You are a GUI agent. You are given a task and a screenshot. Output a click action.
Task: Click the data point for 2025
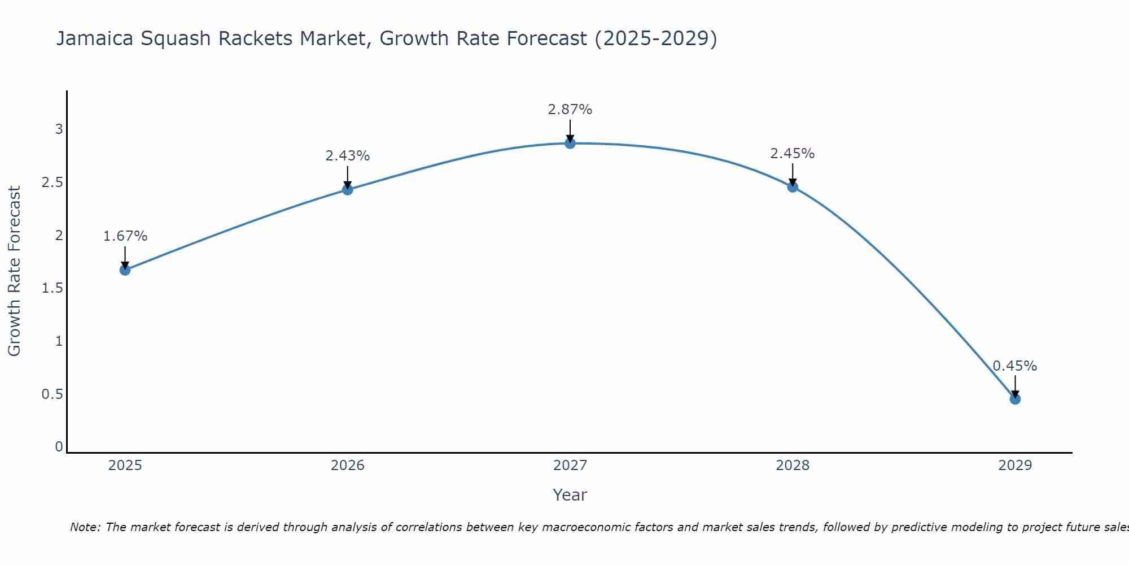(125, 270)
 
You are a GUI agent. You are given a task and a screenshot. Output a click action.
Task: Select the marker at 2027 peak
(570, 144)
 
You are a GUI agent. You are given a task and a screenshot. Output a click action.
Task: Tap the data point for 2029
(1014, 399)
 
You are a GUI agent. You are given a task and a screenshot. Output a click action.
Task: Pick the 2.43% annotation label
(347, 156)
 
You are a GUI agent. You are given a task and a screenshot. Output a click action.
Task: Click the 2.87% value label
(570, 110)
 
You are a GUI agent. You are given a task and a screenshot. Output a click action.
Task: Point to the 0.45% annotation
(1014, 366)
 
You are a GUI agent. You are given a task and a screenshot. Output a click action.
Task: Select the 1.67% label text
(125, 236)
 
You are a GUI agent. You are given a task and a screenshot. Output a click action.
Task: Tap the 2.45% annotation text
(792, 154)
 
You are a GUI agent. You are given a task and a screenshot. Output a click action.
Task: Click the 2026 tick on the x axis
(347, 466)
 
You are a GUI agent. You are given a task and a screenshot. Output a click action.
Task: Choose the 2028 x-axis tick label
(792, 466)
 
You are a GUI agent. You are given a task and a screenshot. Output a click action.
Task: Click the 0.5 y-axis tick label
(52, 394)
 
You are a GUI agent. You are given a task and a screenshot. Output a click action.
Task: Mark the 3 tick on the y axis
(59, 129)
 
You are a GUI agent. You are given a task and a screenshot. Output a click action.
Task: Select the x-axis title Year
(570, 495)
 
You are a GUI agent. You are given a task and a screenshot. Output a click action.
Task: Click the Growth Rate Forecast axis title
(14, 271)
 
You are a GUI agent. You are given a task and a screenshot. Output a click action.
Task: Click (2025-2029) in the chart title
(655, 38)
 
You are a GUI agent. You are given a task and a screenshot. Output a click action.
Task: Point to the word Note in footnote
(85, 527)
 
